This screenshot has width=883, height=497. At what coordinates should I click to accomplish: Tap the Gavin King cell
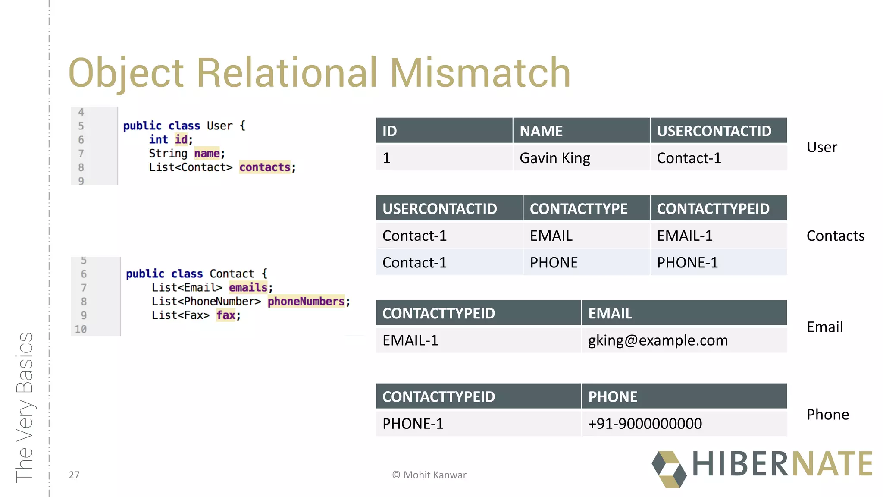554,158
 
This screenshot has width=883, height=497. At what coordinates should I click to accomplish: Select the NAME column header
541,131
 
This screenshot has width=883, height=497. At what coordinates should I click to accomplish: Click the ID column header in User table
389,131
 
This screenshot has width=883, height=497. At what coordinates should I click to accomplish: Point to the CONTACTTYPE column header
578,209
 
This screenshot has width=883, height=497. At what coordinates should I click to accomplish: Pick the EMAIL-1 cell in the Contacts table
684,236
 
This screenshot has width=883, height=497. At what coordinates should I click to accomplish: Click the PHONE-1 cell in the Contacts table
687,262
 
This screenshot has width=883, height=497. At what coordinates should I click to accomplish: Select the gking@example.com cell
658,340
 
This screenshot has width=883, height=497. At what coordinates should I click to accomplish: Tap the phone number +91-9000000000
645,424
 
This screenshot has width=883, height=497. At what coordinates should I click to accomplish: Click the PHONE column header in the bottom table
612,396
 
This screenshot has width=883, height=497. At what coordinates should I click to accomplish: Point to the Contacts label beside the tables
835,236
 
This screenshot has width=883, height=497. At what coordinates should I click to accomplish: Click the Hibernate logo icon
669,469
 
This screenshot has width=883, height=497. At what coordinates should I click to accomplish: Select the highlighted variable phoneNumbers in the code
306,301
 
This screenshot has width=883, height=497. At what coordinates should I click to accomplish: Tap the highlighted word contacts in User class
265,167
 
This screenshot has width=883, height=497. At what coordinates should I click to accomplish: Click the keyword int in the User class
158,139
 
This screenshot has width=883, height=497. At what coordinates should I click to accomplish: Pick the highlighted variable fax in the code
226,315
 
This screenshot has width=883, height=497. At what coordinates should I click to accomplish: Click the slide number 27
74,475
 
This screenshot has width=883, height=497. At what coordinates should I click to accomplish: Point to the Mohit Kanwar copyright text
429,475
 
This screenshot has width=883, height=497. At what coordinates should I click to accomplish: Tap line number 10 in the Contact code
81,329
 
